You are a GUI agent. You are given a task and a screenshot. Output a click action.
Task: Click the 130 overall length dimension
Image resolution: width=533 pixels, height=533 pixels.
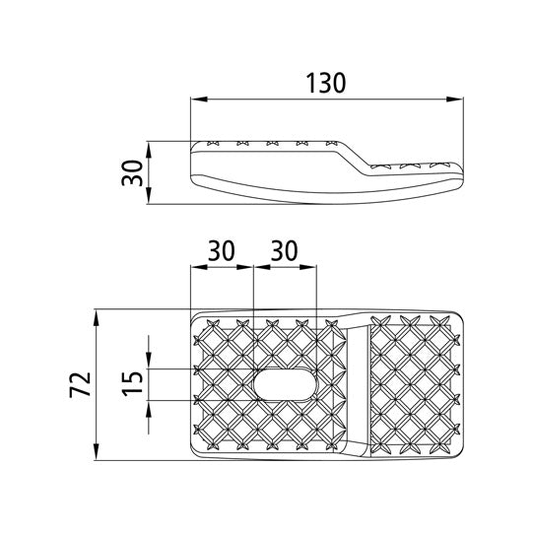(326, 83)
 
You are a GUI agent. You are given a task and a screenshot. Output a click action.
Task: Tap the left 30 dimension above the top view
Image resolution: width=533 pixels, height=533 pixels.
(221, 251)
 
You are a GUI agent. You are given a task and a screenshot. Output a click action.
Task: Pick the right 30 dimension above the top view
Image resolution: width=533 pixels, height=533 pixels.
(284, 251)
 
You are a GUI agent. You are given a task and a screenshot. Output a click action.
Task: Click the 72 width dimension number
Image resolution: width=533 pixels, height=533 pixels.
(82, 385)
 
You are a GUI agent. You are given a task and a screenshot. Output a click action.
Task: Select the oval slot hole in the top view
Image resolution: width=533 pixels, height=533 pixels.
(285, 384)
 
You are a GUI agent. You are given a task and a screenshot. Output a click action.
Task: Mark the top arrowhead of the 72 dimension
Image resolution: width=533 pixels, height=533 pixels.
(99, 316)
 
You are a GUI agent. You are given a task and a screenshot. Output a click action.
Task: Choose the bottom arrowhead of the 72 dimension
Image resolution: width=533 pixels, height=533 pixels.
(99, 455)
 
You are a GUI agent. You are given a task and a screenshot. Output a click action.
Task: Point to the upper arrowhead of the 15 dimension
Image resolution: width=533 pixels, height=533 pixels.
(148, 364)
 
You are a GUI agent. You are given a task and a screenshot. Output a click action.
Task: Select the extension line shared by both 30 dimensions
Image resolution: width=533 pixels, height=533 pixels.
(253, 296)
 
